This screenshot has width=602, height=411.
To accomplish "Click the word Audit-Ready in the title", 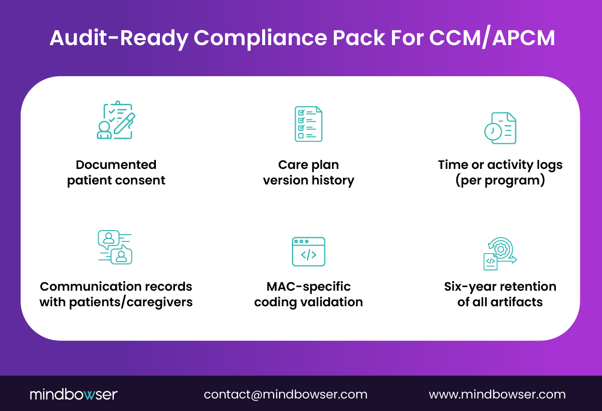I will click(118, 38).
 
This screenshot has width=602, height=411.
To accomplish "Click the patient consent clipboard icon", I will click(116, 120).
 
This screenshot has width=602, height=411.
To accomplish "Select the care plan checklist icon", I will click(308, 124).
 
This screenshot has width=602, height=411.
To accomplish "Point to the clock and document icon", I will click(500, 128).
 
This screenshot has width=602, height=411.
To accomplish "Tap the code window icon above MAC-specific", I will click(308, 252).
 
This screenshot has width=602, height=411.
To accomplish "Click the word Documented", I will click(116, 165).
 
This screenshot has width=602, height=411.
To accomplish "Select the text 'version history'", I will click(308, 180).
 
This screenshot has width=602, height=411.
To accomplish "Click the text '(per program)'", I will click(500, 180).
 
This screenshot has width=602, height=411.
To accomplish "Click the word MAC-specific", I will click(308, 287).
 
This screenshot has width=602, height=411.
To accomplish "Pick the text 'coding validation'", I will click(308, 302).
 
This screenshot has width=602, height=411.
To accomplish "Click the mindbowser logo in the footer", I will click(73, 394).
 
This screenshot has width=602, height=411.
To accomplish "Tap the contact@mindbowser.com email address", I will click(285, 394).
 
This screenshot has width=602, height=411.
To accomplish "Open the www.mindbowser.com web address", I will click(497, 394).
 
